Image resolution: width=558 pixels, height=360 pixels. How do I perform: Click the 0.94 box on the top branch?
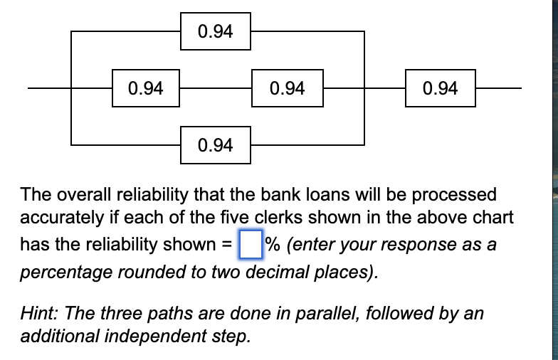coord(216,31)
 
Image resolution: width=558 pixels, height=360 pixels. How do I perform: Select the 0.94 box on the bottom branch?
coord(216,145)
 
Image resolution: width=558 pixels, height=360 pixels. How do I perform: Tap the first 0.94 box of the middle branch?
coord(145,88)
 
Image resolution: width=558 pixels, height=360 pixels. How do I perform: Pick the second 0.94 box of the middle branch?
coord(288,88)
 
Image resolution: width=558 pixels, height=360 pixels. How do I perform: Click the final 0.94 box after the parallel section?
coord(440,88)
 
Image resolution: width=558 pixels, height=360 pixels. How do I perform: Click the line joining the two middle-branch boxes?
coord(216,88)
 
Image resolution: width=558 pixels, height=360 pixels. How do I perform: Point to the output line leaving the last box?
coord(498,88)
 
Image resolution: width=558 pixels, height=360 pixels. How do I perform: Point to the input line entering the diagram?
coord(50,88)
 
